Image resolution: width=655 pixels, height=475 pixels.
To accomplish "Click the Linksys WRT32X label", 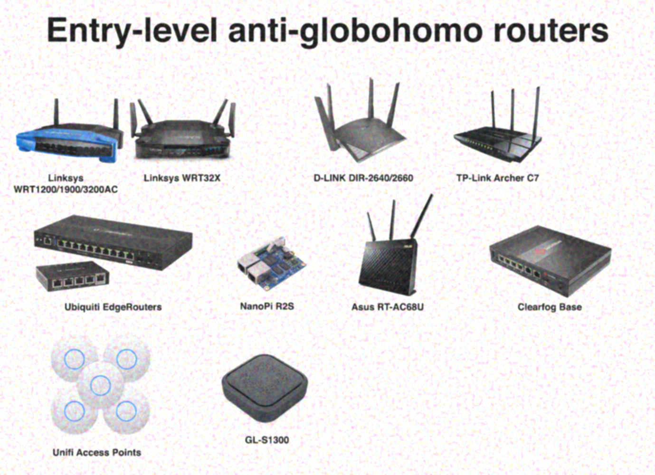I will pyautogui.click(x=182, y=178).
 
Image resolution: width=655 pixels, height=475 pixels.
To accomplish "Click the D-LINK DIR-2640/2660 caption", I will pyautogui.click(x=363, y=178).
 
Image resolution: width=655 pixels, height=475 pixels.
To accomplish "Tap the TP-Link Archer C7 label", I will pyautogui.click(x=497, y=178).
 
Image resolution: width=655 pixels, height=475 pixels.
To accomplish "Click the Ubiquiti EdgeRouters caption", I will pyautogui.click(x=113, y=307).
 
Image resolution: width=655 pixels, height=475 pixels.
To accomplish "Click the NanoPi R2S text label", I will pyautogui.click(x=267, y=306).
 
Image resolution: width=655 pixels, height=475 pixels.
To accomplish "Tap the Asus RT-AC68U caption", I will pyautogui.click(x=387, y=307).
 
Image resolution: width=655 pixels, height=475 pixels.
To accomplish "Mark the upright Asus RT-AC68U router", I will pyautogui.click(x=387, y=266).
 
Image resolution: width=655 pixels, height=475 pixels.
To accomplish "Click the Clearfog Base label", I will pyautogui.click(x=550, y=307).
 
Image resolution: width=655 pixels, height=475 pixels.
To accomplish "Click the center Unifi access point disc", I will pyautogui.click(x=100, y=384).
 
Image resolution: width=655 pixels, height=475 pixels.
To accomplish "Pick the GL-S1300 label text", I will pyautogui.click(x=267, y=440).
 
